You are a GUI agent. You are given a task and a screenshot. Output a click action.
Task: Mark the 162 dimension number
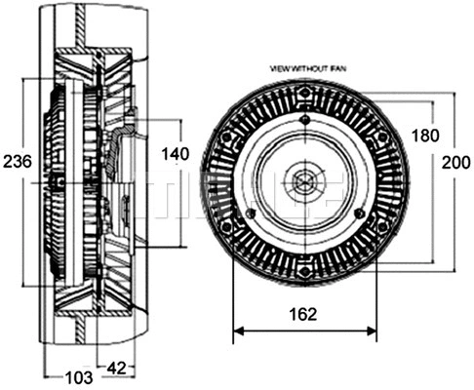304,315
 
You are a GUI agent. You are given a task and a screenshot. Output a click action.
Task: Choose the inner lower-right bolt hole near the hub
360,213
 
